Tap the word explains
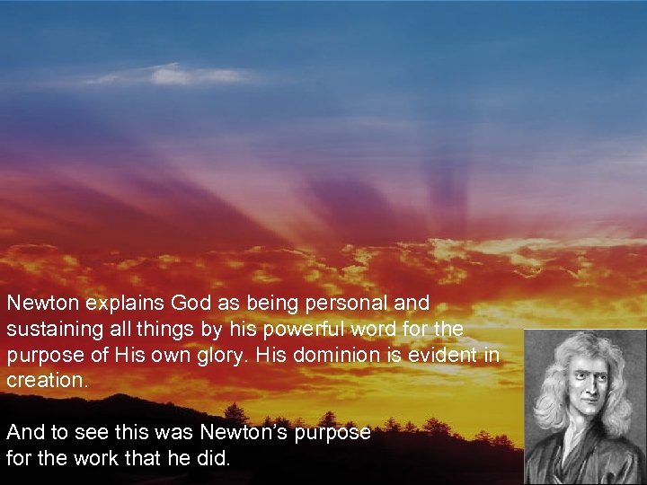pos(102,304)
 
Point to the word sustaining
pos(50,330)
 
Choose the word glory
pos(218,355)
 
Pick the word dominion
pos(327,355)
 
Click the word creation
pos(46,380)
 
